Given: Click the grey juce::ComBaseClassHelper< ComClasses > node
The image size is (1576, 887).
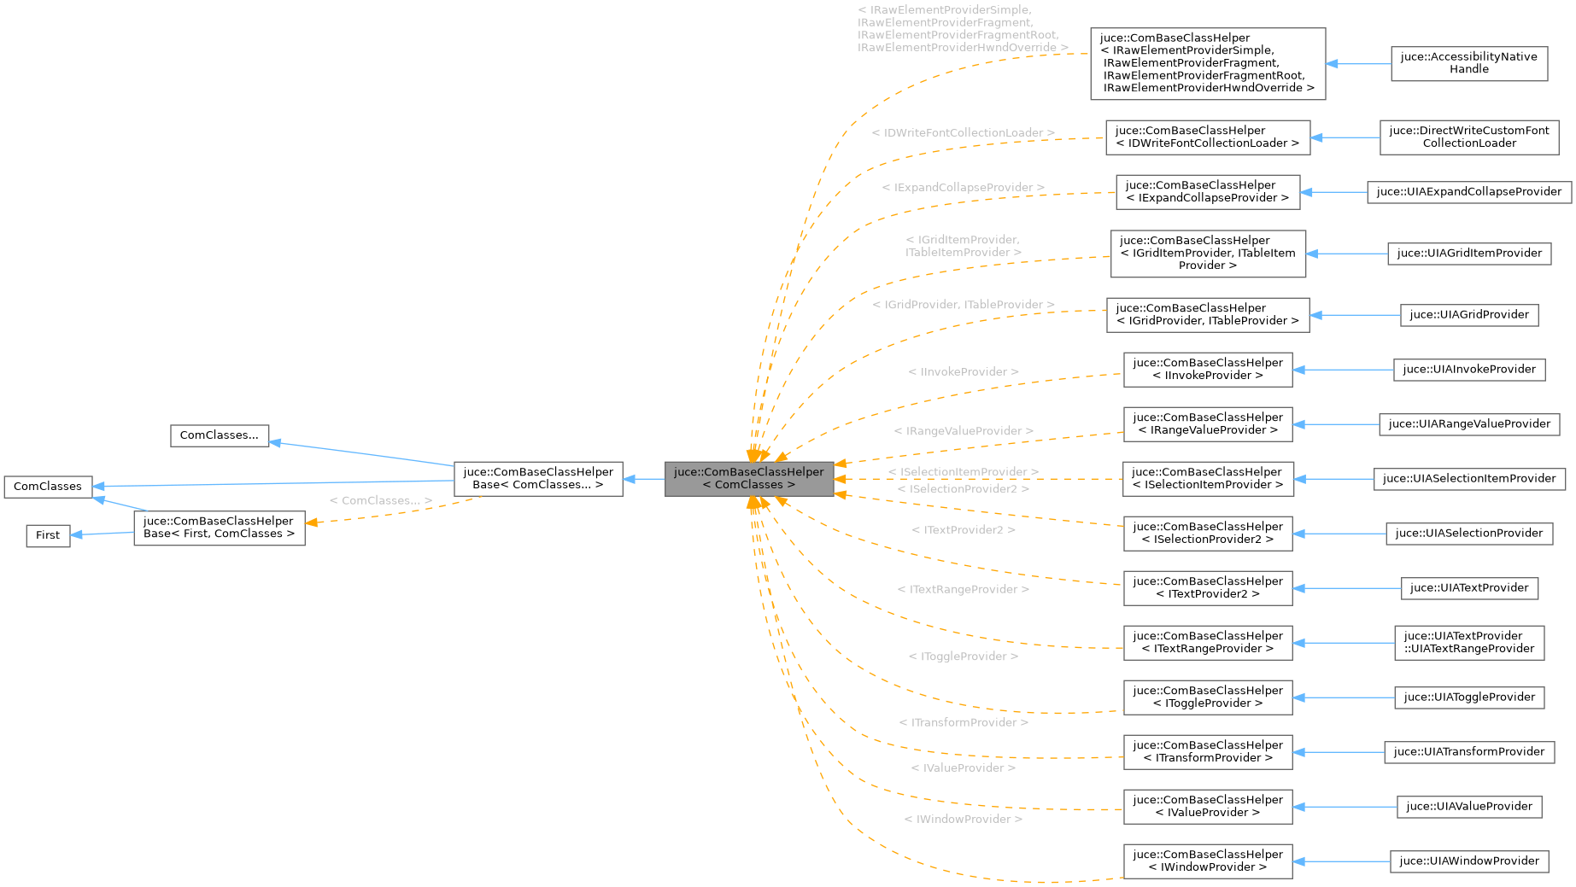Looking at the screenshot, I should [749, 479].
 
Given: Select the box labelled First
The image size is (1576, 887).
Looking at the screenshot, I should [48, 535].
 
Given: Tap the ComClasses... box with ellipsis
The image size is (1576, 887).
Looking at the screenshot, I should [219, 435].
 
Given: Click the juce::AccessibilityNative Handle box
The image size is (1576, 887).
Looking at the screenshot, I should [1468, 63].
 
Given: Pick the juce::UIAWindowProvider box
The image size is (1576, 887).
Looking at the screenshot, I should [1468, 861].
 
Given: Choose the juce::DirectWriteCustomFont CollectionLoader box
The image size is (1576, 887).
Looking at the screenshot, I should [1468, 137].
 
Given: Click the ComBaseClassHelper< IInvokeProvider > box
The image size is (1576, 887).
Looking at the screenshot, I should [1207, 370].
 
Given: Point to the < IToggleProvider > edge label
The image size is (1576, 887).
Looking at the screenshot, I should [963, 656].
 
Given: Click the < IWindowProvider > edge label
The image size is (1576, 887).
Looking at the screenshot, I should [963, 820].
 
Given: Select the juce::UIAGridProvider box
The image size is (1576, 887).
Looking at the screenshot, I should [1468, 315].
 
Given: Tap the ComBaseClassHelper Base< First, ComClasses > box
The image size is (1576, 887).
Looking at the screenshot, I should [219, 528].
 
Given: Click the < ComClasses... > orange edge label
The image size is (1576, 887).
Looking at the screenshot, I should [380, 501].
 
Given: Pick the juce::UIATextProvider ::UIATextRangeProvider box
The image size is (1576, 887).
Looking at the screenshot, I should [1468, 643].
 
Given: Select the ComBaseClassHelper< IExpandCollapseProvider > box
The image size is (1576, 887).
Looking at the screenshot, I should [1207, 192].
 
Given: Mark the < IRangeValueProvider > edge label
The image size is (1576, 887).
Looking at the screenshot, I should [963, 432].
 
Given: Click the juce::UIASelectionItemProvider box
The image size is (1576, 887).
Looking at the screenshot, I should [1468, 479].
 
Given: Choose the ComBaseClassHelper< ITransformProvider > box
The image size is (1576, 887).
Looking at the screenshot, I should [1207, 752].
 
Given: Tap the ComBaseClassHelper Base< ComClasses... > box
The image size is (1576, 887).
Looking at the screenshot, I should [537, 479].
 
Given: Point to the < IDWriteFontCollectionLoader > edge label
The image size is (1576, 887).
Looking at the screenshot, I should [963, 133].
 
